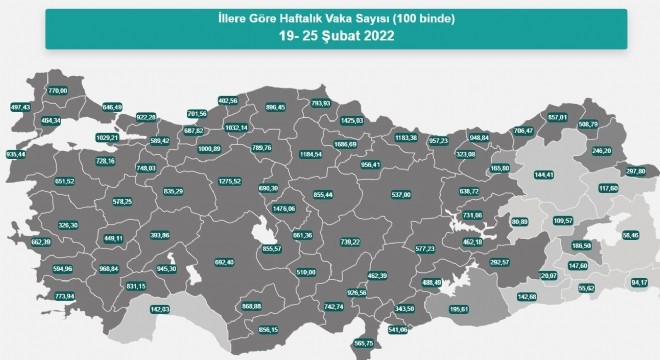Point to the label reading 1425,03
click(x=351, y=121)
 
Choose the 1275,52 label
click(x=230, y=181)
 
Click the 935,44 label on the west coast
click(x=16, y=154)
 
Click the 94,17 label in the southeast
click(x=640, y=282)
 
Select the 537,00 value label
click(x=400, y=195)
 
